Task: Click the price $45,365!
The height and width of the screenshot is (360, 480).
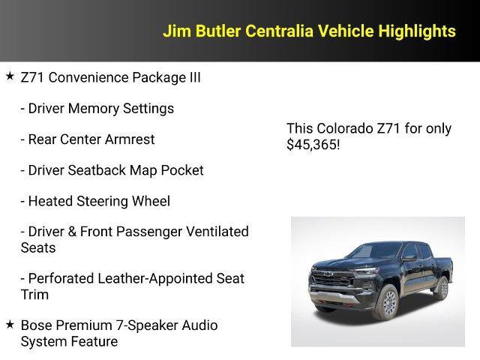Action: coord(313,144)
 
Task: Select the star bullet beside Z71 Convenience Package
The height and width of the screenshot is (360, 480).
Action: coord(10,76)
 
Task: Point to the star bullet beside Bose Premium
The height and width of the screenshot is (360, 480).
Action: coord(10,325)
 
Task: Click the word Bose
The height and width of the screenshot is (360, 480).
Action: coord(37,325)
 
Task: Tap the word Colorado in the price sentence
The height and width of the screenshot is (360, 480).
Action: coord(343,128)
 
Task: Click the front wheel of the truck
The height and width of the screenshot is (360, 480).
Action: coord(386,303)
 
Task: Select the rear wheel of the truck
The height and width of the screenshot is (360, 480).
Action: coord(442,288)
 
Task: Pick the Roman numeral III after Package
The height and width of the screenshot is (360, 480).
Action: coord(191,77)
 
